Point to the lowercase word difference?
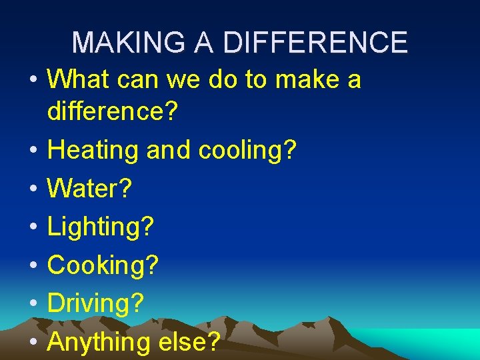[113, 112]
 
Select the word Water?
[90, 189]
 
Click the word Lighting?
[101, 227]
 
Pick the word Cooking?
[103, 265]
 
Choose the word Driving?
[96, 304]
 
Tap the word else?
[190, 343]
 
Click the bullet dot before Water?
[33, 189]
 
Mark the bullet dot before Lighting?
[33, 228]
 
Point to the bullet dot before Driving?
[33, 305]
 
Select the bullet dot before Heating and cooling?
[33, 151]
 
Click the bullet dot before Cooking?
[33, 266]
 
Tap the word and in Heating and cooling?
[169, 150]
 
